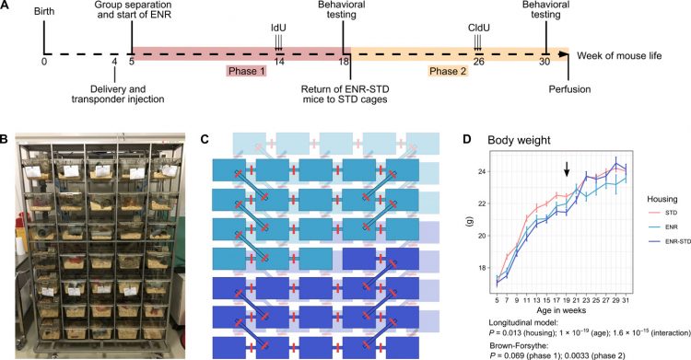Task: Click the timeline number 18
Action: coord(345,62)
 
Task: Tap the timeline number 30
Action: coord(545,62)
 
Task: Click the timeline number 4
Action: coord(114,62)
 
